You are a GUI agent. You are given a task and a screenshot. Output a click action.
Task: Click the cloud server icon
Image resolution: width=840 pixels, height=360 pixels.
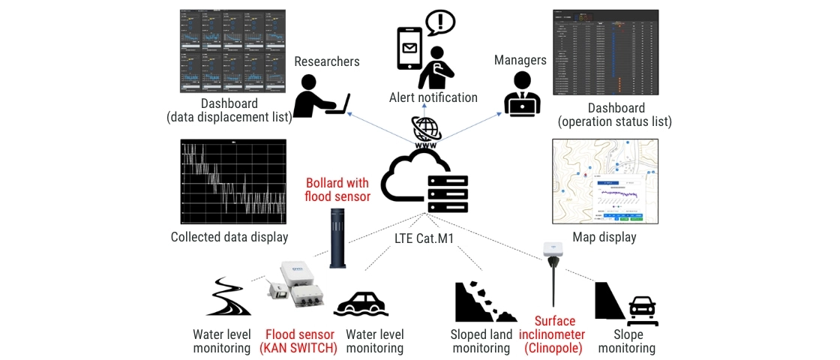[424, 181]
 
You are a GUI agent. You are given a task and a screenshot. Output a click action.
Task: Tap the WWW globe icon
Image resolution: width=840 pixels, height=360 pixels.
[426, 130]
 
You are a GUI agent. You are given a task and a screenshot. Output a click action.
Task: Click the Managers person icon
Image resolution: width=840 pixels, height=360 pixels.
[521, 94]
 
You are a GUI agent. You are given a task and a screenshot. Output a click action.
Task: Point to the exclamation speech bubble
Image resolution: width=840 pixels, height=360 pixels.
[440, 22]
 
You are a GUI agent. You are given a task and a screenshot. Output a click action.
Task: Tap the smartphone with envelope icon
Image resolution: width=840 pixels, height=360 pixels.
[409, 48]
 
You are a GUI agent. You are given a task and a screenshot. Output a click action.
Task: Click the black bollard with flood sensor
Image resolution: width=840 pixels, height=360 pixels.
[337, 238]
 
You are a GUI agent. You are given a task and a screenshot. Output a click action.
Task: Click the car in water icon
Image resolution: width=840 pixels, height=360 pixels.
[361, 304]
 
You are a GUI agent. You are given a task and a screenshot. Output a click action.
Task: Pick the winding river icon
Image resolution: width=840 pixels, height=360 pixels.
[228, 298]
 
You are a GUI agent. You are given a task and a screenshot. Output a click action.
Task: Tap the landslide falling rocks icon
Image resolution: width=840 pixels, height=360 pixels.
[481, 303]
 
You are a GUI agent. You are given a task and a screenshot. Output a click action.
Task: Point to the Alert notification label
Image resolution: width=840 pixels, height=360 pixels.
[433, 97]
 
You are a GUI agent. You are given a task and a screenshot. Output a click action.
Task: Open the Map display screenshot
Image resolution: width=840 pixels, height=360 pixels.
[604, 181]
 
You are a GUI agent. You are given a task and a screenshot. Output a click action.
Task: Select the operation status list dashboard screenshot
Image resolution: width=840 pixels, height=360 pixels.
[605, 52]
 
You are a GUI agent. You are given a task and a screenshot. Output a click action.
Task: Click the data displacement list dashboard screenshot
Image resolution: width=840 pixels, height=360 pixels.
[233, 51]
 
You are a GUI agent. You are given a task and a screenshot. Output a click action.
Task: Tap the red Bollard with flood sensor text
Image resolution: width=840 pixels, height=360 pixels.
[337, 190]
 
